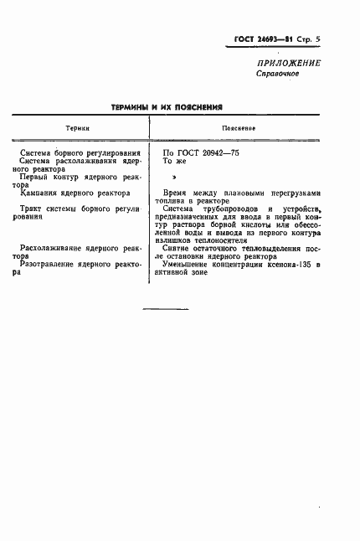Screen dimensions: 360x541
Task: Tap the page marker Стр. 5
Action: (307, 40)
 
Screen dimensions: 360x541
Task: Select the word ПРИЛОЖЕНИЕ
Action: (287, 63)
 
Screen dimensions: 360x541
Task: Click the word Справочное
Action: (277, 74)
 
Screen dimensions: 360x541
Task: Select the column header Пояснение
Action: (239, 128)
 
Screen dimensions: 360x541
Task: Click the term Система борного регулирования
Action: (85, 153)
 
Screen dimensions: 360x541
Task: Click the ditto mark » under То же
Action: (174, 178)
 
